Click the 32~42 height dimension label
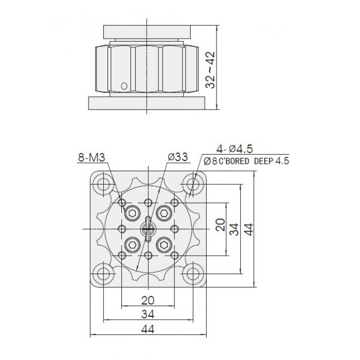click(x=210, y=70)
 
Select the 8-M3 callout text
click(x=92, y=157)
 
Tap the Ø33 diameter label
click(x=178, y=157)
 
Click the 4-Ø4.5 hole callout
click(x=235, y=149)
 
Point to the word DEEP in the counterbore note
click(x=263, y=161)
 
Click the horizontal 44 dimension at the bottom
click(x=148, y=330)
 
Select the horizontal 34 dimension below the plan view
click(x=148, y=314)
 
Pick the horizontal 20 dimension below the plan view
click(x=148, y=300)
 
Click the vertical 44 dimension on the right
click(x=248, y=229)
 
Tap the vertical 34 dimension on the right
click(x=234, y=229)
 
